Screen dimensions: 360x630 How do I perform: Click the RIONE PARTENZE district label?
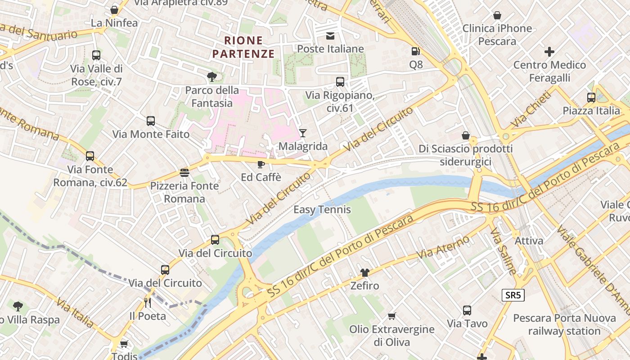click(243, 47)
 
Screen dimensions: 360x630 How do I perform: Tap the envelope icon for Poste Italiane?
click(331, 36)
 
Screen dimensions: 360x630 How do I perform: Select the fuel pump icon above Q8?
click(416, 51)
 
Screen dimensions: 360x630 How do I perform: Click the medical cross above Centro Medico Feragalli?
click(549, 52)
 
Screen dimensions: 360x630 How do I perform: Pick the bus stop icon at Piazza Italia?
click(591, 97)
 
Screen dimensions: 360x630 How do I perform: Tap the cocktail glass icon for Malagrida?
click(303, 133)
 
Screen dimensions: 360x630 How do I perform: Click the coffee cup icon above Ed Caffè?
click(261, 164)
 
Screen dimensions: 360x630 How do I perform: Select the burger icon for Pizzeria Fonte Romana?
click(184, 172)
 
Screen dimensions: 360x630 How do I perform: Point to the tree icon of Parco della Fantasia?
click(212, 77)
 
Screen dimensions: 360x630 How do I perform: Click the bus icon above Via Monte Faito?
click(151, 121)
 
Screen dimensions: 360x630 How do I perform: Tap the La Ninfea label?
click(114, 23)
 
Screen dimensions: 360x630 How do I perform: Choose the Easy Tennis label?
click(322, 210)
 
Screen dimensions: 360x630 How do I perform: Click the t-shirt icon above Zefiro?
click(364, 272)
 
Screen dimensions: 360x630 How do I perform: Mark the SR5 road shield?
click(513, 295)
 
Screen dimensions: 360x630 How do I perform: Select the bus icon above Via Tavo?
click(467, 310)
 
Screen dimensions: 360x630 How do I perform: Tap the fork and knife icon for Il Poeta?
click(148, 302)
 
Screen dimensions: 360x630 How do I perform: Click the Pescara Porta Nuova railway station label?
click(564, 324)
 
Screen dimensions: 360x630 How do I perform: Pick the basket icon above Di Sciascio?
click(466, 135)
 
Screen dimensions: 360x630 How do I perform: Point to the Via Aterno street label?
click(443, 247)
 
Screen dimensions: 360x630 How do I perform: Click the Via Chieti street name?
click(531, 109)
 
